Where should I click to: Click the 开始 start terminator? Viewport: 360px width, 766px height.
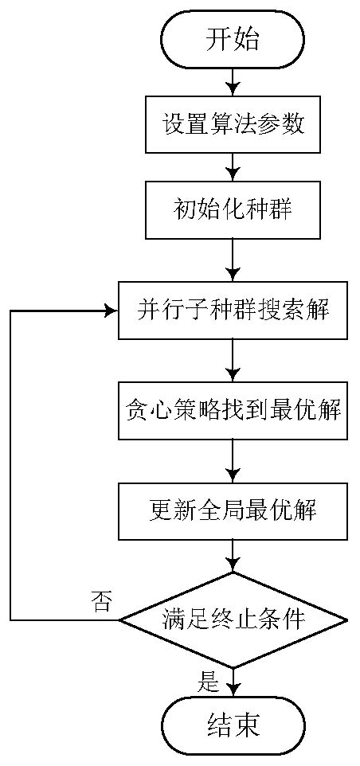(x=233, y=39)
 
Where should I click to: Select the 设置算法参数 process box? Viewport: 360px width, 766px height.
(x=233, y=125)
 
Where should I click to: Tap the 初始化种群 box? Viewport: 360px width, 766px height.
(x=233, y=210)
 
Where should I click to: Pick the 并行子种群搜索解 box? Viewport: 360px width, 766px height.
(x=233, y=311)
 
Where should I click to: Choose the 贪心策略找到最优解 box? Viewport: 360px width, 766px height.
(x=233, y=411)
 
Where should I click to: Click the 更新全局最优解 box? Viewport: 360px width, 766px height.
(x=233, y=510)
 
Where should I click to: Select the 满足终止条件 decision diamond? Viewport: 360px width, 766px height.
(x=233, y=619)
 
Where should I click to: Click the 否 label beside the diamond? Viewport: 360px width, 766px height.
(x=102, y=601)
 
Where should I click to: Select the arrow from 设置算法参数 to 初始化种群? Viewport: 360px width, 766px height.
(x=233, y=167)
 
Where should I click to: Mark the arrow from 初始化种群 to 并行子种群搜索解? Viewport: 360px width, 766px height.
(x=233, y=260)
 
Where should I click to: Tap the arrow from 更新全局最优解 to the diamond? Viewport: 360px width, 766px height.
(x=233, y=555)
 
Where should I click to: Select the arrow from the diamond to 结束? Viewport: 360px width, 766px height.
(x=233, y=685)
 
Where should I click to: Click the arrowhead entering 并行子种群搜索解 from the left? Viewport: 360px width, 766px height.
(x=112, y=311)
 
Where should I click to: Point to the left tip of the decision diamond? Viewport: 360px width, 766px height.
(x=119, y=619)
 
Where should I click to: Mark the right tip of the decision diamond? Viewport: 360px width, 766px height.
(x=347, y=619)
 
